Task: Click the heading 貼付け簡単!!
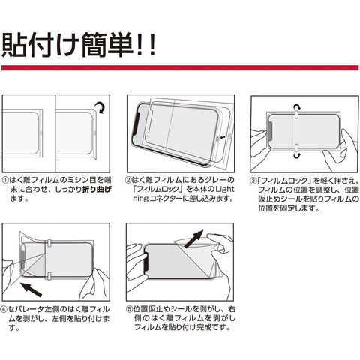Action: [x=79, y=44]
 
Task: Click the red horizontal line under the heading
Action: [x=180, y=67]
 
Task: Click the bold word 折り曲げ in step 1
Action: [x=97, y=189]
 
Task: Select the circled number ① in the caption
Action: [x=5, y=180]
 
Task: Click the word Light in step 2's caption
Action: [x=225, y=189]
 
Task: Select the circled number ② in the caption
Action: [x=128, y=180]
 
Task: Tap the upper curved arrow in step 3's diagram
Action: [x=297, y=108]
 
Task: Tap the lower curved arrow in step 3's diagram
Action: [x=297, y=155]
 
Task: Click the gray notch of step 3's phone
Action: [x=270, y=131]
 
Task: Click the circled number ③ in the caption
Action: [x=253, y=181]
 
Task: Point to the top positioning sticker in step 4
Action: [x=49, y=243]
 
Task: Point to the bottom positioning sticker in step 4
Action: [x=49, y=276]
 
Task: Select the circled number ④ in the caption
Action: [x=5, y=309]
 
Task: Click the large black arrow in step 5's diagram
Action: [x=193, y=239]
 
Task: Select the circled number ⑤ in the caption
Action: [x=129, y=309]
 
